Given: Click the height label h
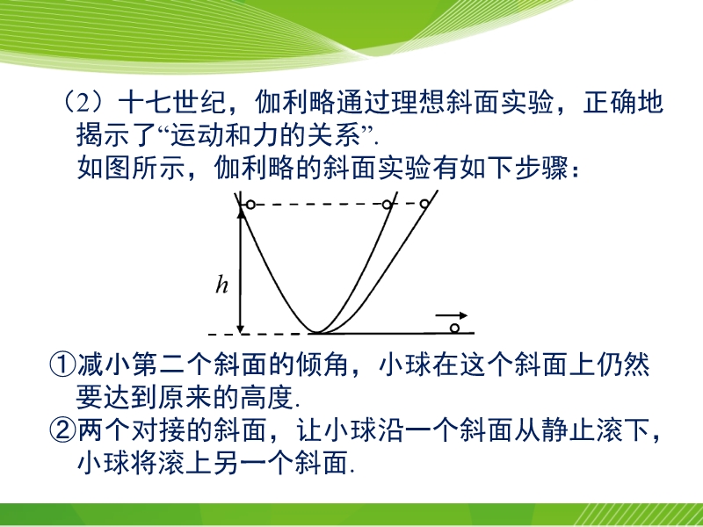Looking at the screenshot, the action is tap(222, 285).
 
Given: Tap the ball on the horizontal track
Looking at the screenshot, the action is tap(454, 328).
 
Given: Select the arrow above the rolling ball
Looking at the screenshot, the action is tap(452, 315).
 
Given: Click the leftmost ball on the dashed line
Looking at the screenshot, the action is tap(250, 205).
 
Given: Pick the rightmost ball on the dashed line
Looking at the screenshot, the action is tap(424, 204).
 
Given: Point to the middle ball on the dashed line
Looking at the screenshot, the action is tap(387, 205).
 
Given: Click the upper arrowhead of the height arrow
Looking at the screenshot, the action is tap(242, 213).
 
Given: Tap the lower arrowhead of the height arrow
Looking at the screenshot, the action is tap(241, 328).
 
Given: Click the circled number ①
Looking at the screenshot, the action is tap(62, 365).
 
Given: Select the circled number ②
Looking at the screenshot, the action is tap(62, 430).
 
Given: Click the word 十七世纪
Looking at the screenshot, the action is tap(172, 102).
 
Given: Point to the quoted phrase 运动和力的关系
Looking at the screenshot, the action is tap(265, 135).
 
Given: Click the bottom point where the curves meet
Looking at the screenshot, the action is tap(317, 333).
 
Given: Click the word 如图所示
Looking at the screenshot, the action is tap(131, 168).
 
